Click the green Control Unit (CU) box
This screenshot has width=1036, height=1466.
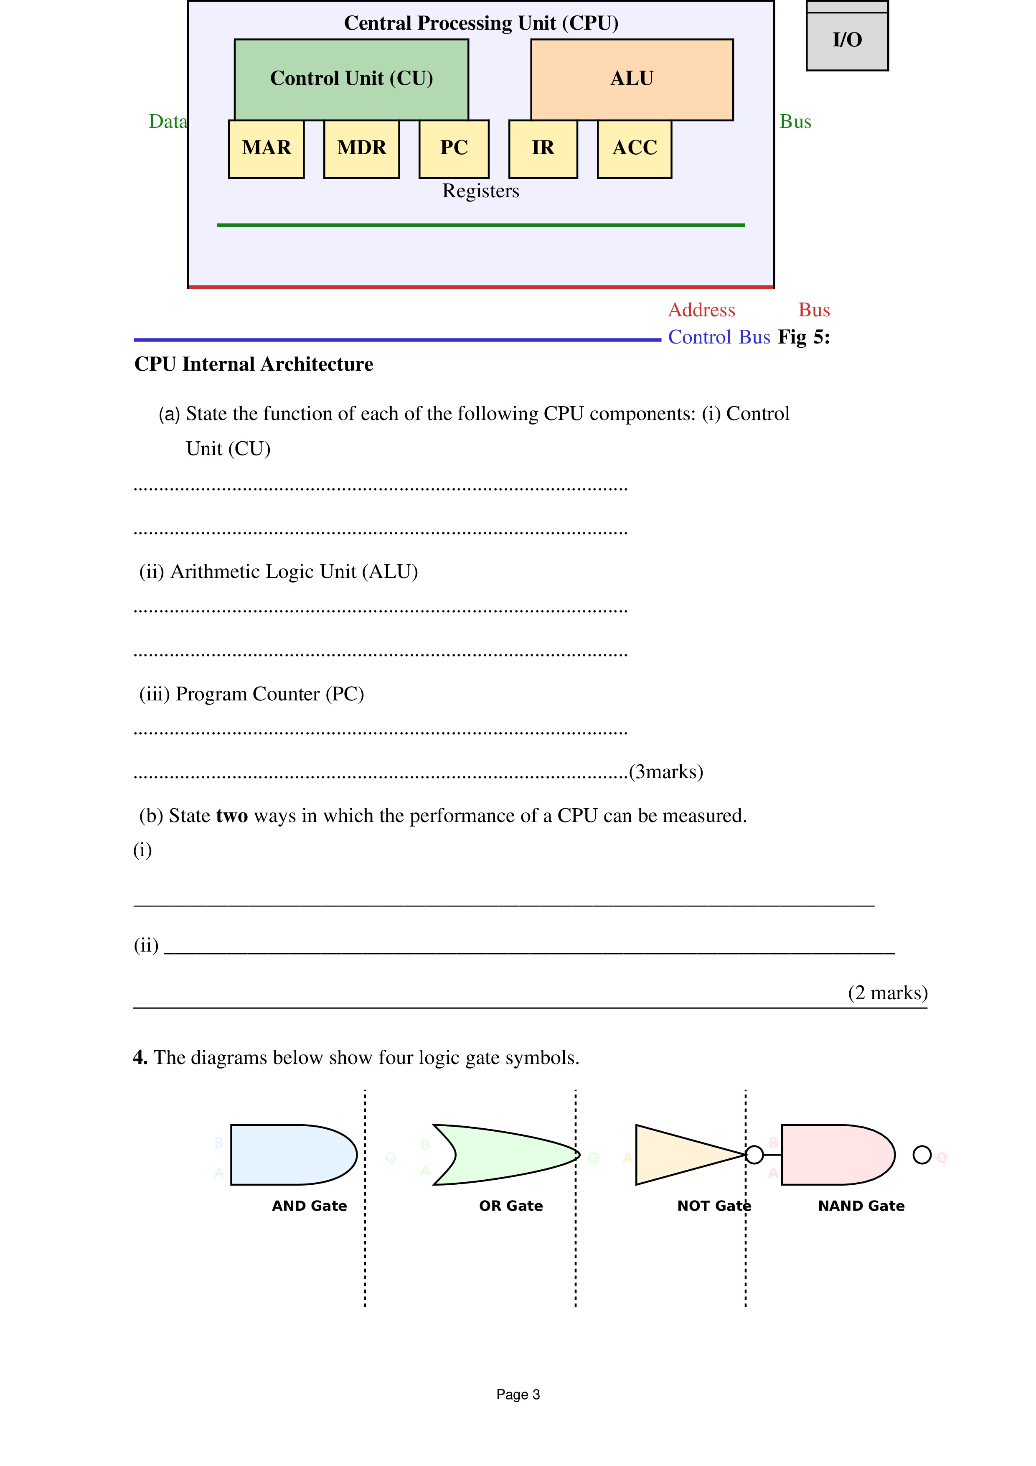click(x=351, y=79)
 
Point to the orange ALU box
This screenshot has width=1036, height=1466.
click(x=632, y=79)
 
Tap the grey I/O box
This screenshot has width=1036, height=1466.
click(x=847, y=40)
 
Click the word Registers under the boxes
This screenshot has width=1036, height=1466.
click(x=481, y=191)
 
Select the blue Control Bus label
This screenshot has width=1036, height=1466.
click(x=719, y=337)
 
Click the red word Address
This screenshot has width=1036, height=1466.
click(x=701, y=311)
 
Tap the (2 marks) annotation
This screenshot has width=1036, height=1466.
click(x=887, y=993)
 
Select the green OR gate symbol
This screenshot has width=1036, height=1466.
click(x=504, y=1155)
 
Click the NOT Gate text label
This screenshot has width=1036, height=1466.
click(x=714, y=1206)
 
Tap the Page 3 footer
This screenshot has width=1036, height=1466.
click(x=518, y=1395)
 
